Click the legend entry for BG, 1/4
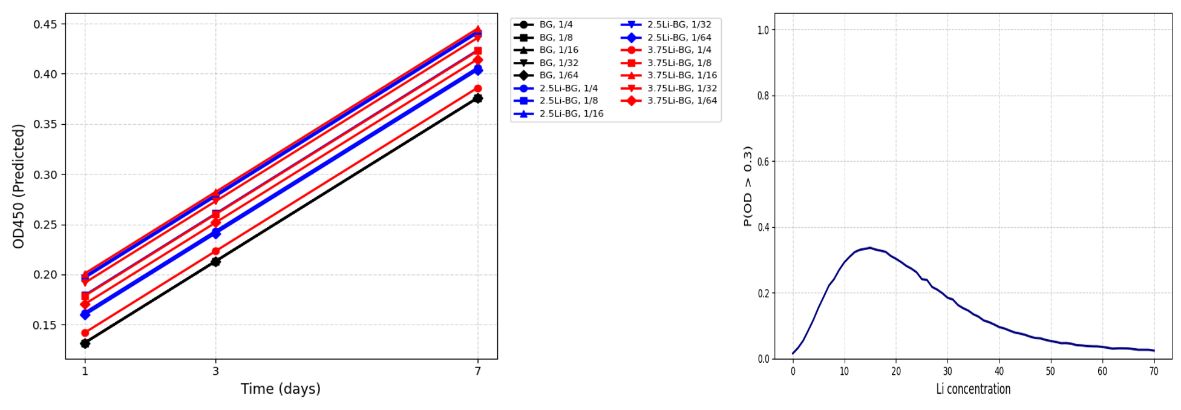(555, 25)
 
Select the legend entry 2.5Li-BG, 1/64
(679, 38)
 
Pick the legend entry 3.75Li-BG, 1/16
(682, 76)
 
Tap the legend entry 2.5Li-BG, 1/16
(571, 114)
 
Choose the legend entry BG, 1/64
(558, 76)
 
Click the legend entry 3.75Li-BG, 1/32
(682, 88)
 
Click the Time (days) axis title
(281, 389)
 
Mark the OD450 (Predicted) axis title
(19, 187)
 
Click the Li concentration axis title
(973, 389)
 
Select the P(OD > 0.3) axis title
(748, 187)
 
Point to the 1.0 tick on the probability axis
(763, 30)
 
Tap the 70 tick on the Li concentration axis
(1154, 371)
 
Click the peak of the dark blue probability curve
(870, 248)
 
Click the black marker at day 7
(477, 98)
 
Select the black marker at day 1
(85, 343)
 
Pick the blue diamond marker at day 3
(215, 233)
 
